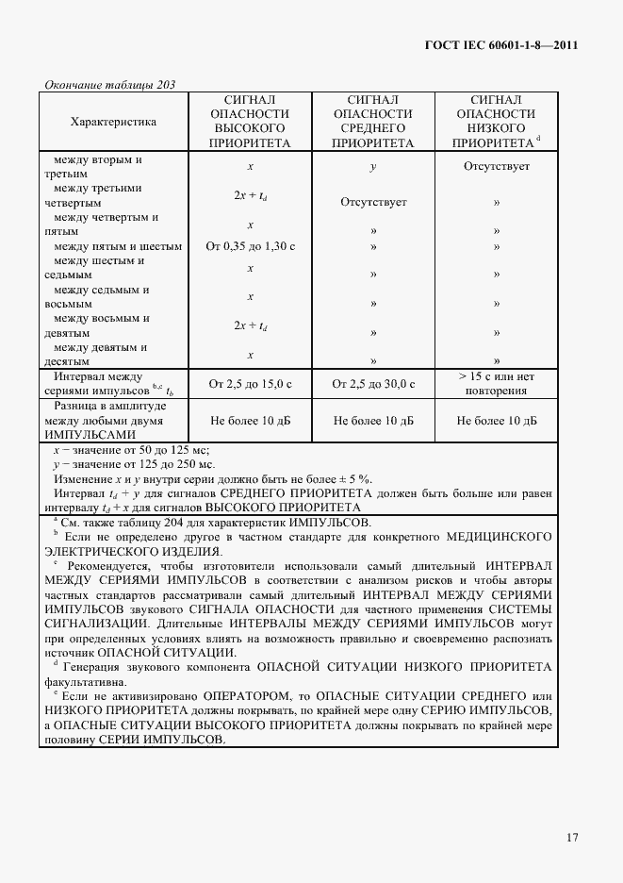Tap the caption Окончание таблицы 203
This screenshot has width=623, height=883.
(110, 85)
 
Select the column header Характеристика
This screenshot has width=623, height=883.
(114, 122)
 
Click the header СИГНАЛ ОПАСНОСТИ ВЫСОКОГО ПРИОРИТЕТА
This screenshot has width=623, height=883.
(250, 122)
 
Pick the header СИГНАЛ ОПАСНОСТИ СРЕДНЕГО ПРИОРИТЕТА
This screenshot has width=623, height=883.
(373, 122)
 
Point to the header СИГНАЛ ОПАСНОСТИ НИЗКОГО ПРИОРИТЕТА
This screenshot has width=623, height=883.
(496, 122)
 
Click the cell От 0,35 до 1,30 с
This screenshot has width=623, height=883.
(250, 246)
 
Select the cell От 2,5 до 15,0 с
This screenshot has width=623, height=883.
(250, 383)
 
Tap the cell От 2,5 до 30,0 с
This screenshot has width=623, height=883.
(373, 383)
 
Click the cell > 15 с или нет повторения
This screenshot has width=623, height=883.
(496, 383)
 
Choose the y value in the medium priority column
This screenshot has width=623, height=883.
(373, 166)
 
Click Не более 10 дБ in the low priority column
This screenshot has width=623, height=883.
(496, 421)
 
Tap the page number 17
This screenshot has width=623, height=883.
(572, 837)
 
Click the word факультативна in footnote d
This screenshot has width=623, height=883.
(90, 681)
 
